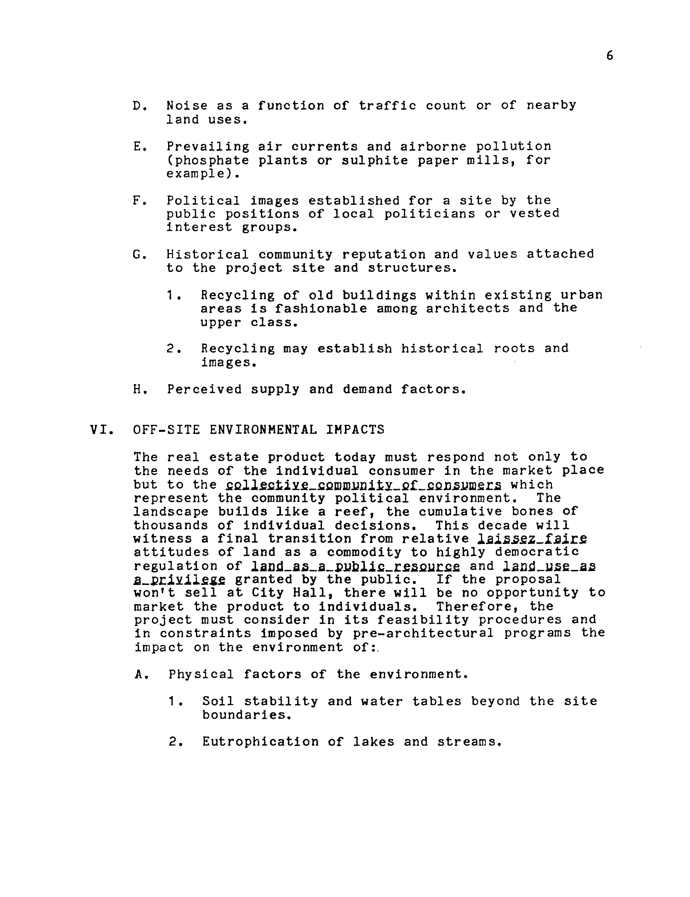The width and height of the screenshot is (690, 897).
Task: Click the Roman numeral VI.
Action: pos(100,430)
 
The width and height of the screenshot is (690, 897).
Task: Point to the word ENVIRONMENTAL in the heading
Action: pos(263,430)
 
